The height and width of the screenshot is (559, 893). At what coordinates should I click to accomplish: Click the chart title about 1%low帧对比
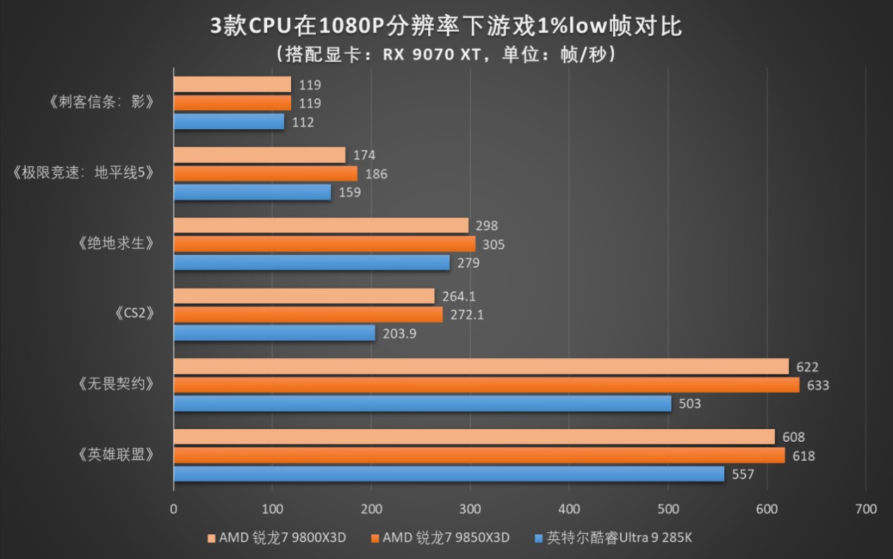[x=446, y=26]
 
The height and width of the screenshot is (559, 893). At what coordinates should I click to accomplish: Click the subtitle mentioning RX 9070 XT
[x=446, y=54]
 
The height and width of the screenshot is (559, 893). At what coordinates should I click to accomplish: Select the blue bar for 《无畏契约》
[x=422, y=404]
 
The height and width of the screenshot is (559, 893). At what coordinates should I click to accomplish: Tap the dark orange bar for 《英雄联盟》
[x=479, y=456]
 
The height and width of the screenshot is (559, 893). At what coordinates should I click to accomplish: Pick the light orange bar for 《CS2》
[x=304, y=296]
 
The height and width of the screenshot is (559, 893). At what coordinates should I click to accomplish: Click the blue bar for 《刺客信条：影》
[x=229, y=122]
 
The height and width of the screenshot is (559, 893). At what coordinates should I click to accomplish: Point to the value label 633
[x=818, y=385]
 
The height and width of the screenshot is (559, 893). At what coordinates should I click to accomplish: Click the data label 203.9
[x=399, y=333]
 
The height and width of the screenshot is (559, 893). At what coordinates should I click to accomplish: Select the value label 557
[x=743, y=474]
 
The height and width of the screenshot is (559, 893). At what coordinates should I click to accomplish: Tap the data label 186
[x=376, y=174]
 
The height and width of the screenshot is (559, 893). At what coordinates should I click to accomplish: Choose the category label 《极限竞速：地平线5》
[x=83, y=173]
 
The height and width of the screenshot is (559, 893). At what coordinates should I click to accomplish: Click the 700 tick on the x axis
[x=865, y=509]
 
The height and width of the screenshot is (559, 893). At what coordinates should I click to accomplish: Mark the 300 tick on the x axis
[x=470, y=509]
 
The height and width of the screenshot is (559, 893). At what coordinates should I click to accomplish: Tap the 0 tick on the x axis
[x=174, y=509]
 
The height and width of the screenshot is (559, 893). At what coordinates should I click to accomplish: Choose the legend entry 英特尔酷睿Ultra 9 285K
[x=613, y=537]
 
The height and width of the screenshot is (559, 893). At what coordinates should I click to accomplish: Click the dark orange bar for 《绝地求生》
[x=324, y=244]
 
